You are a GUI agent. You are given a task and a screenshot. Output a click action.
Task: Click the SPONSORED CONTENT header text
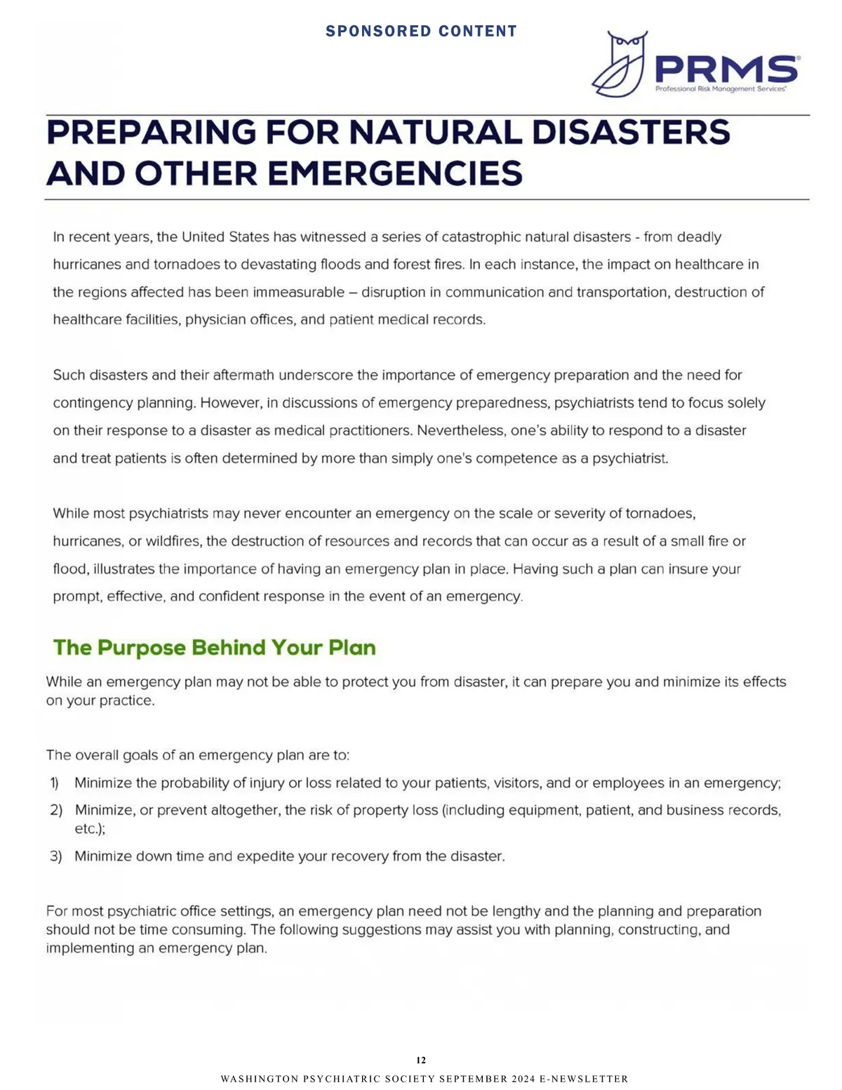tap(421, 32)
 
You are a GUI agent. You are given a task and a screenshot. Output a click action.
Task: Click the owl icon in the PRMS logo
tap(619, 63)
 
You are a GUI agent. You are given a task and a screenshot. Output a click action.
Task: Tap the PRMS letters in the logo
tap(726, 69)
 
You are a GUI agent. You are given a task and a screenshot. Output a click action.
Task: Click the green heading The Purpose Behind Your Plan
tap(215, 647)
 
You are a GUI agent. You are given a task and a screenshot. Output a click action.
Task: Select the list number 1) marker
tap(55, 783)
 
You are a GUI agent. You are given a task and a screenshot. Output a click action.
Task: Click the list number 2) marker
tap(56, 810)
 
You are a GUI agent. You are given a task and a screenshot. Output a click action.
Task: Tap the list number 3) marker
tap(56, 856)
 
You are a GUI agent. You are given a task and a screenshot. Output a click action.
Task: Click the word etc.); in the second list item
tap(90, 829)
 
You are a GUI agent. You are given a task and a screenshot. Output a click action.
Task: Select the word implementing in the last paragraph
tap(79, 948)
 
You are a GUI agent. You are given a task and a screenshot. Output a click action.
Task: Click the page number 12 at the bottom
tap(421, 1060)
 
